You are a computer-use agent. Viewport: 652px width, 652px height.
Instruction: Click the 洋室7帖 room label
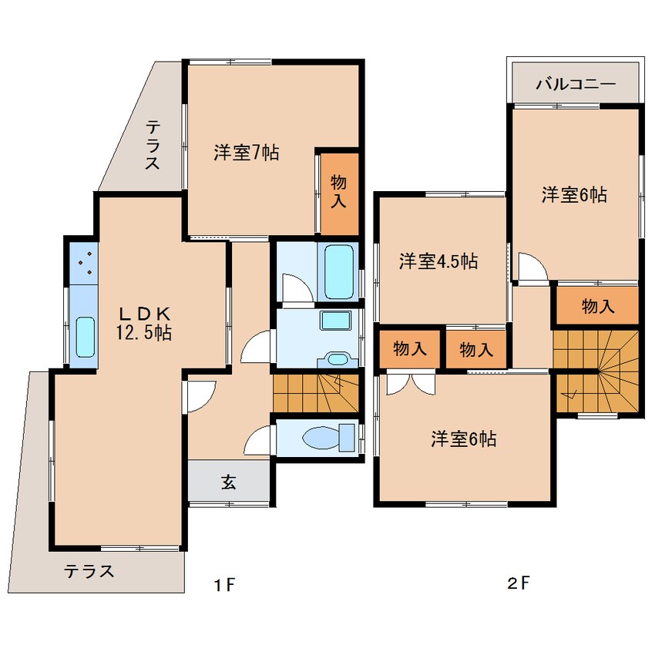247,153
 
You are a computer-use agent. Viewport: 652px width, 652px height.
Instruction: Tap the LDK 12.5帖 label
144,323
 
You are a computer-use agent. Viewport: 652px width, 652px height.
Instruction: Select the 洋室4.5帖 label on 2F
439,261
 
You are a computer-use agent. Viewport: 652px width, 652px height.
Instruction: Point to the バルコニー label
576,85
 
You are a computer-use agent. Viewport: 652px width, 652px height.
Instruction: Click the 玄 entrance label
228,482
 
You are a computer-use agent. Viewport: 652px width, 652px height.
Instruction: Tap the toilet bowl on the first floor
329,437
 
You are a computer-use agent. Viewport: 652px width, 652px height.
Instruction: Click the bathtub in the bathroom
339,271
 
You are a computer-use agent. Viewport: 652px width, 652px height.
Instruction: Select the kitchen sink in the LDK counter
86,337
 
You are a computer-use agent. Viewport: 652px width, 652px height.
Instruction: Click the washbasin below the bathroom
338,359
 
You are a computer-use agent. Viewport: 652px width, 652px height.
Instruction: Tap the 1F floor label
224,585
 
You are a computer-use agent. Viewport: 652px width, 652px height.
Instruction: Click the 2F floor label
519,583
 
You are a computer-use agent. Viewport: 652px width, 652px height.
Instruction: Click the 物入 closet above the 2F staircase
598,307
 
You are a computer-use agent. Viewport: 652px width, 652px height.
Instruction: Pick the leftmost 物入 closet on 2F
410,348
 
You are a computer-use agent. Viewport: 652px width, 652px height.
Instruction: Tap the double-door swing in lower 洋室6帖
411,385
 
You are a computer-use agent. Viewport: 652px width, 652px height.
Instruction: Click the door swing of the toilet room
258,441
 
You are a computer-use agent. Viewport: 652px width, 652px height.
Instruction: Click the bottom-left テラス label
89,572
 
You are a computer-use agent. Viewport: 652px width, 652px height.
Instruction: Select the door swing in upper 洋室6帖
533,266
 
